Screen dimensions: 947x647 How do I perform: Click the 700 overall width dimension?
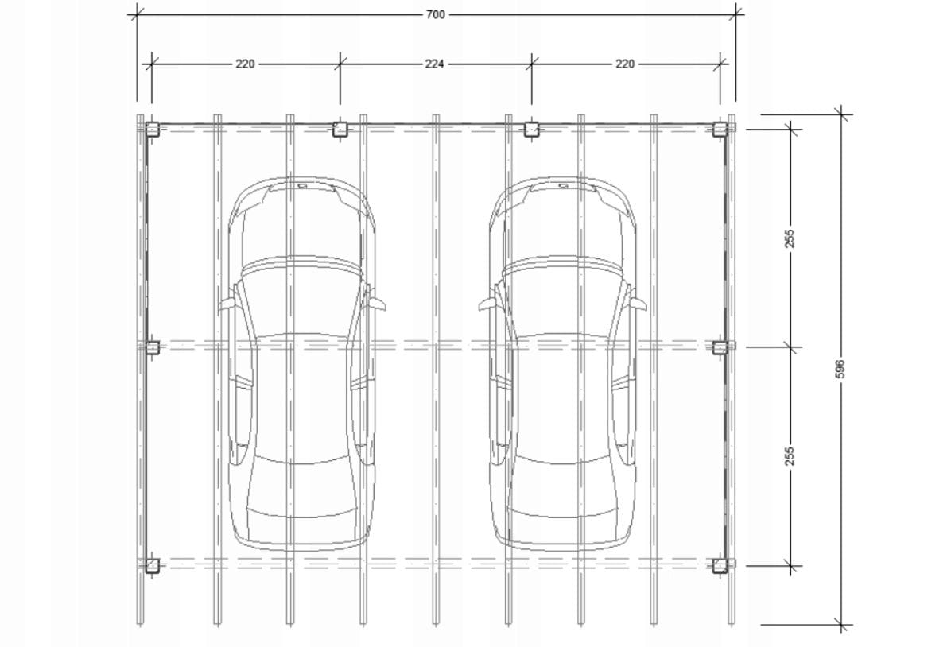[436, 14]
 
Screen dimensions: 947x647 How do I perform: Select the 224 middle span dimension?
[435, 64]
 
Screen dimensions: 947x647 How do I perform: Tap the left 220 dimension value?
[245, 64]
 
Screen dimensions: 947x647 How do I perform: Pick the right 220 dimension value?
[625, 64]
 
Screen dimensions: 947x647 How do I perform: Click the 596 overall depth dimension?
[840, 369]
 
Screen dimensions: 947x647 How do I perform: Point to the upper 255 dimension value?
[790, 238]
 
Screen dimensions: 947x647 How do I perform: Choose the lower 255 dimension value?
[790, 455]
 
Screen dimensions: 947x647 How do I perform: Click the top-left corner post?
[152, 129]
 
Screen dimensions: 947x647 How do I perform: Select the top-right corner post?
[720, 129]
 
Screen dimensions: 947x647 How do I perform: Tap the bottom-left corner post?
[152, 565]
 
